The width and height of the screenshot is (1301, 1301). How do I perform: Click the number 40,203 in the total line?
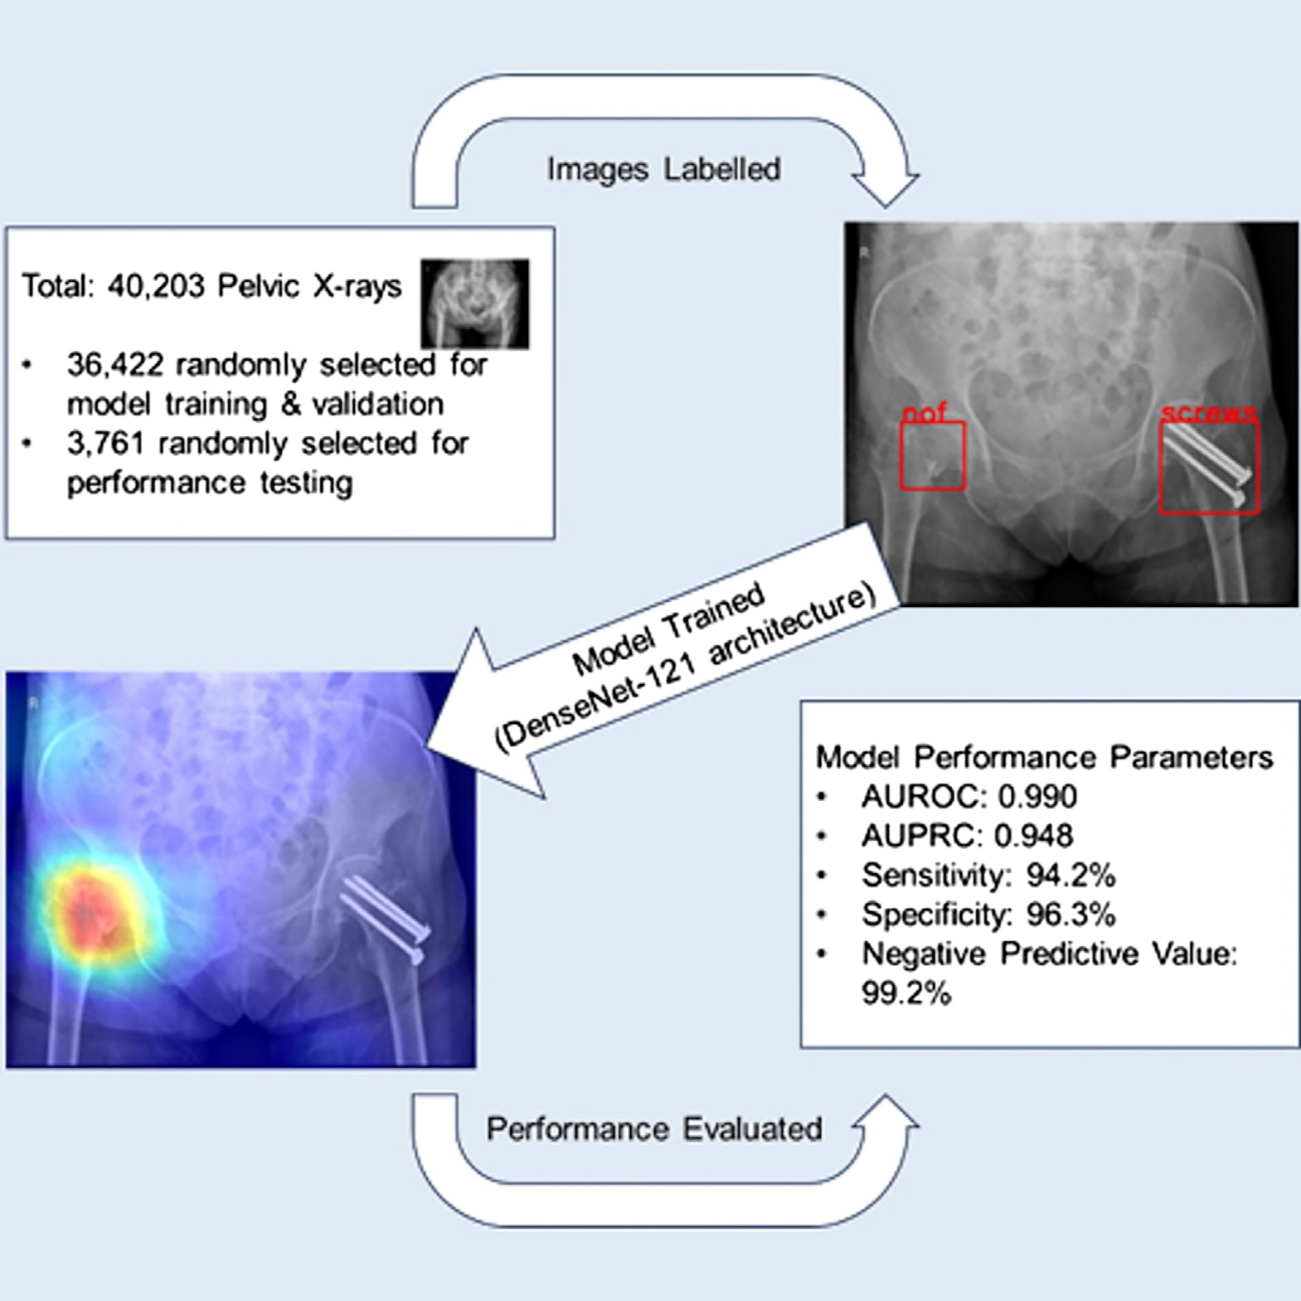coord(156,286)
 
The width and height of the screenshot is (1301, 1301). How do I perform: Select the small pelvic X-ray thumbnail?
coord(474,303)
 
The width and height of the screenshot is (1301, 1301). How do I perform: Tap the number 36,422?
coord(115,365)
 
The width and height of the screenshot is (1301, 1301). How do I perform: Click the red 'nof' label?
coord(924,412)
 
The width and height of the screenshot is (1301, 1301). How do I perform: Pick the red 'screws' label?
coord(1209,412)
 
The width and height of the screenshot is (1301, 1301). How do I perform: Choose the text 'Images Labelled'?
coord(663,169)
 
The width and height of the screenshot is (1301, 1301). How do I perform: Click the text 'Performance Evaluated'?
coord(654,1129)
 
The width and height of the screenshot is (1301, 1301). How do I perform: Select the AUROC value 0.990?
coord(1037,797)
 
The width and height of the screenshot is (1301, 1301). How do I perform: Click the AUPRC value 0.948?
coord(1033,836)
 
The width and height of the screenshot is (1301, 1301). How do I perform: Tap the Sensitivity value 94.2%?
coord(1071,876)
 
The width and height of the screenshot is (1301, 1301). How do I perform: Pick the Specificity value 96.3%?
coord(1071,915)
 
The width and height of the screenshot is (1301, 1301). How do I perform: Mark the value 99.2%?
coord(906,993)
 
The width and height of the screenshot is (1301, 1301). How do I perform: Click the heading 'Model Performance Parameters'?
coord(1044,757)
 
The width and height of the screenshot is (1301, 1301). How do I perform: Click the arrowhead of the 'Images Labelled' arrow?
coord(886,189)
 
